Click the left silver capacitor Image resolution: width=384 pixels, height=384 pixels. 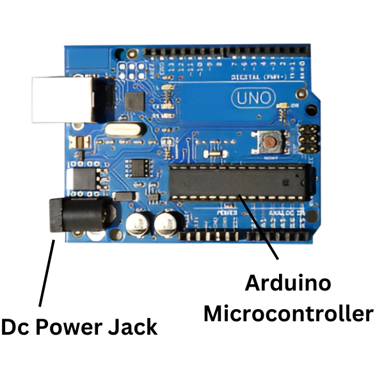pos(138,224)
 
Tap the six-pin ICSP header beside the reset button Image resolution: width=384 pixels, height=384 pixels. pos(308,136)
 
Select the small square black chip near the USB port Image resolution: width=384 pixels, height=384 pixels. pos(135,100)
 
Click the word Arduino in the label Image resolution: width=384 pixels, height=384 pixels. pos(288,282)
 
